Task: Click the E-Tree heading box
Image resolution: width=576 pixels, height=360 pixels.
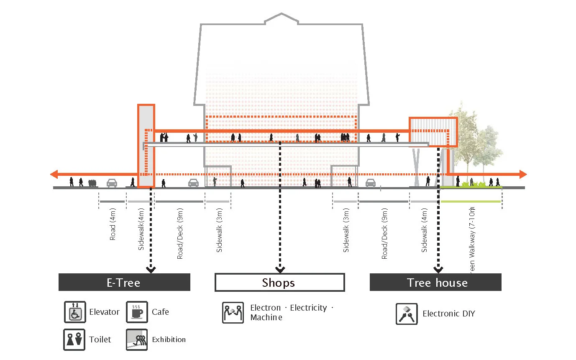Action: (124, 282)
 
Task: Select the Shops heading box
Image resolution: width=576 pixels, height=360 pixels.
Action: (279, 282)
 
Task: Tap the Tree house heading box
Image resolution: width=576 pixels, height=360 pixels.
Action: (435, 282)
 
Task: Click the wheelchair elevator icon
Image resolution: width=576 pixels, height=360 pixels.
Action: (75, 312)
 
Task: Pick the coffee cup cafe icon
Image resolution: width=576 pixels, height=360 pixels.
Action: (137, 312)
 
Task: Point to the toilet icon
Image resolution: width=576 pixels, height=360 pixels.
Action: (75, 339)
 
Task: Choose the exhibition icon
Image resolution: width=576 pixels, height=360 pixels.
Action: (137, 339)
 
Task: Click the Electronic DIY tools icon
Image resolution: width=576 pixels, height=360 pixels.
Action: (407, 314)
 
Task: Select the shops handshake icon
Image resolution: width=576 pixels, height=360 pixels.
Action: (233, 313)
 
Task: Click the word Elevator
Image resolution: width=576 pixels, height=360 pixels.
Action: (104, 312)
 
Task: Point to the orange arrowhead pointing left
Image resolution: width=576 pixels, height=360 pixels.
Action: (54, 174)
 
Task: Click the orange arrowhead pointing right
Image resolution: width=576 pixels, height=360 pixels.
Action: (523, 174)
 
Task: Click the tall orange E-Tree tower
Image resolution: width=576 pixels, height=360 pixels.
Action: (146, 145)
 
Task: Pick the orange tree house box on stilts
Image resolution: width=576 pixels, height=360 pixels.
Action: (433, 132)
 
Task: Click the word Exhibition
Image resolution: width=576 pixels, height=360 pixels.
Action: (169, 339)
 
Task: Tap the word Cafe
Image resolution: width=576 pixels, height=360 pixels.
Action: (160, 312)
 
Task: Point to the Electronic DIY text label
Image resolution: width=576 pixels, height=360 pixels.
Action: (449, 314)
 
